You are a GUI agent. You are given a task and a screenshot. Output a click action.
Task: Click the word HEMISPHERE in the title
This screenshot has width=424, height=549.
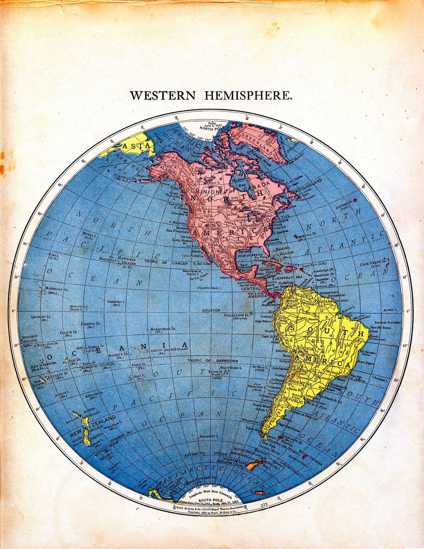point(248,95)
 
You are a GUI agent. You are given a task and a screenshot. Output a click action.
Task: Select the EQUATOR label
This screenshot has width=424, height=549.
point(211,310)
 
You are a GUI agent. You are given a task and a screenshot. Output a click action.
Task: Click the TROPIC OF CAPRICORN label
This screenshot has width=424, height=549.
point(212,361)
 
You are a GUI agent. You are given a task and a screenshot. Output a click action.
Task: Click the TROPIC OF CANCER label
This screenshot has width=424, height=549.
point(166,263)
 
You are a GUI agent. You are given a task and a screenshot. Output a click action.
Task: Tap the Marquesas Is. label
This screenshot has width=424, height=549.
point(163,329)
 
